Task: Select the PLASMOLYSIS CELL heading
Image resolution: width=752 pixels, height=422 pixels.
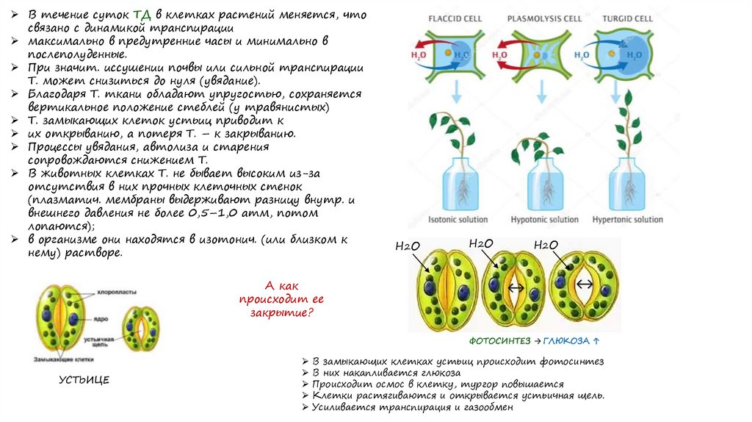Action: [x=540, y=18]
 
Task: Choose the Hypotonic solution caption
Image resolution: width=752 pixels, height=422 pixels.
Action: [x=545, y=219]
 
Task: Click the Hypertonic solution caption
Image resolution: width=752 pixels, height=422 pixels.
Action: [x=628, y=219]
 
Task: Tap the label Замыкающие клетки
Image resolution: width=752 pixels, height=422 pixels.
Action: [x=66, y=360]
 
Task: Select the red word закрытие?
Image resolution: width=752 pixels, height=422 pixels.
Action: [x=281, y=312]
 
